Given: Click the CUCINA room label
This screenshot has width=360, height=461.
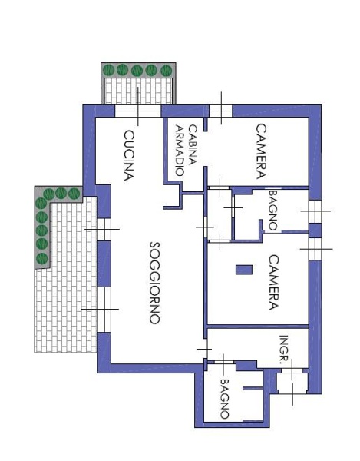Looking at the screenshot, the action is (129, 155).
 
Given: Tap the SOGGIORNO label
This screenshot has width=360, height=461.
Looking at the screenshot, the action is (155, 283).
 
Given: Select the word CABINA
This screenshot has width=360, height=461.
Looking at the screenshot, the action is (192, 145).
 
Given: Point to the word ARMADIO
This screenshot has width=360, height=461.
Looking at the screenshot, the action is (180, 151).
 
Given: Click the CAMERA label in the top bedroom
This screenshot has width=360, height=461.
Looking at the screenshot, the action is (261, 151).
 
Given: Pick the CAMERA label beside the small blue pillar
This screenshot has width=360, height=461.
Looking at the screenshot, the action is (273, 282).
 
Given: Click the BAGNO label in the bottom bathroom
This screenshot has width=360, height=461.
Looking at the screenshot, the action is (225, 399).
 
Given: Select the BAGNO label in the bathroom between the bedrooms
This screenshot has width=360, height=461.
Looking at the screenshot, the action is (273, 210).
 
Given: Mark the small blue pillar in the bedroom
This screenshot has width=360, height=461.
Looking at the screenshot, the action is (244, 270).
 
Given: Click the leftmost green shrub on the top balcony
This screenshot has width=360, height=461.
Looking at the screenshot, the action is (109, 70).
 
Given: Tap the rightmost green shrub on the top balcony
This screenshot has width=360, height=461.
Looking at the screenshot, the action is (167, 70).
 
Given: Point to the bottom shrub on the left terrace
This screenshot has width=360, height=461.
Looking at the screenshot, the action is (41, 259).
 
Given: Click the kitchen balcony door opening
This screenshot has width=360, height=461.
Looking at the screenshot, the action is (137, 111).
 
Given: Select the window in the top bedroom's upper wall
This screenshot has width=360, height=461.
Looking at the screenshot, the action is (220, 111).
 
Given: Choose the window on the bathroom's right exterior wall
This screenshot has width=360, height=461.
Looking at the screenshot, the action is (315, 211).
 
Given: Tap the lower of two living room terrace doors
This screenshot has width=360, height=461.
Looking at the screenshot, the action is (104, 310).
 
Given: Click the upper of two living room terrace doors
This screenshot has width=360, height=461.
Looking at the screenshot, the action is (104, 229).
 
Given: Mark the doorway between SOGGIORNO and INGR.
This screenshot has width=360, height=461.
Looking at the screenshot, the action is (205, 349).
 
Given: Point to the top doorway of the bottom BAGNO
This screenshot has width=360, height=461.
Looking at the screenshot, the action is (223, 362).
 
